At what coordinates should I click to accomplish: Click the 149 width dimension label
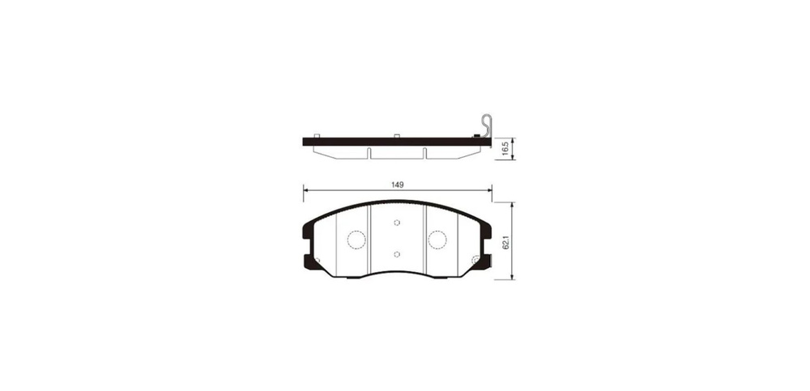click(397, 185)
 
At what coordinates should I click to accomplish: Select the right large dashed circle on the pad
click(437, 239)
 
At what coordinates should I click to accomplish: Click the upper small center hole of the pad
click(397, 223)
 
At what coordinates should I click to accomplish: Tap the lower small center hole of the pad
click(397, 254)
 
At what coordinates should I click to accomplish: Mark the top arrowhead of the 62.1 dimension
click(513, 204)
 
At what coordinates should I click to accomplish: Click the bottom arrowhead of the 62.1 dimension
click(513, 278)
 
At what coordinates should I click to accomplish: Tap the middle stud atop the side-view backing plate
click(396, 135)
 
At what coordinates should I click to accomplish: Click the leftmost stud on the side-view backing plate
click(318, 135)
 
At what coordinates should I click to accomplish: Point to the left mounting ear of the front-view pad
click(306, 243)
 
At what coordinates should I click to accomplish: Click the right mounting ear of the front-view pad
click(488, 243)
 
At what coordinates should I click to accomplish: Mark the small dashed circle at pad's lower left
click(318, 260)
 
